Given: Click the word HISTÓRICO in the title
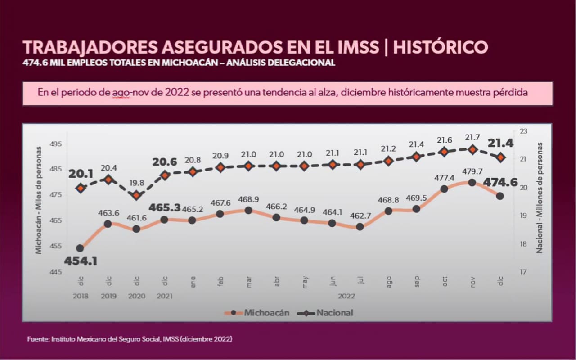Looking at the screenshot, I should click(441, 47).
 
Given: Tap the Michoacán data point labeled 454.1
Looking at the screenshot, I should click(80, 248).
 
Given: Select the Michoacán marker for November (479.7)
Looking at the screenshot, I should click(472, 182).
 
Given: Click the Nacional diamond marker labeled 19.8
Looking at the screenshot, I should click(137, 195).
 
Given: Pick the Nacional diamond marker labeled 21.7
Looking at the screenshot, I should click(472, 149).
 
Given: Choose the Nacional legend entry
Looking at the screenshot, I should click(334, 313).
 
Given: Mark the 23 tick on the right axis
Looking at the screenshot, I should click(523, 131).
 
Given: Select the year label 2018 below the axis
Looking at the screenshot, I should click(80, 296).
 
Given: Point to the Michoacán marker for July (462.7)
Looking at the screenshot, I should click(360, 227).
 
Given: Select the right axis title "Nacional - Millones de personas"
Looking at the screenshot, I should click(539, 198).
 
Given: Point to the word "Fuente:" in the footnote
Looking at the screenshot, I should click(38, 338).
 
